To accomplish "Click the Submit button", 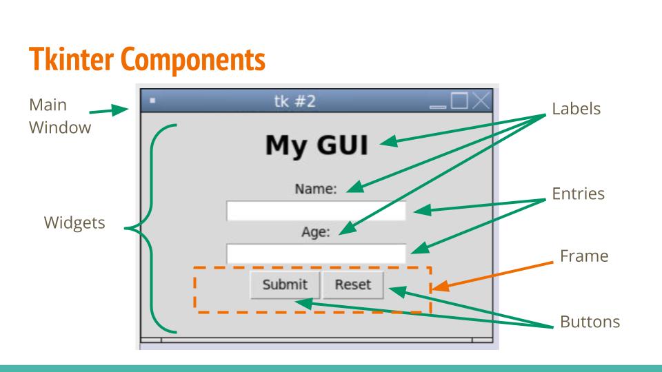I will click(x=284, y=285).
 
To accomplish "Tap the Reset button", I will click(x=352, y=285).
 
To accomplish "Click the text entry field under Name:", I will click(x=316, y=211).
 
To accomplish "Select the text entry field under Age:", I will click(x=316, y=253).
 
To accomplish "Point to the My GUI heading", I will click(x=317, y=145).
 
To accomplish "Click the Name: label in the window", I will click(x=316, y=189).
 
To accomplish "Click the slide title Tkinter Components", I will click(x=146, y=60).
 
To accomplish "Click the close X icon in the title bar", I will click(x=482, y=101).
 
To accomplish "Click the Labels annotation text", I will click(x=576, y=109).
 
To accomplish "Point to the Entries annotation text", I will click(x=579, y=194).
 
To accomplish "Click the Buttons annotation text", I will click(x=590, y=322).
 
